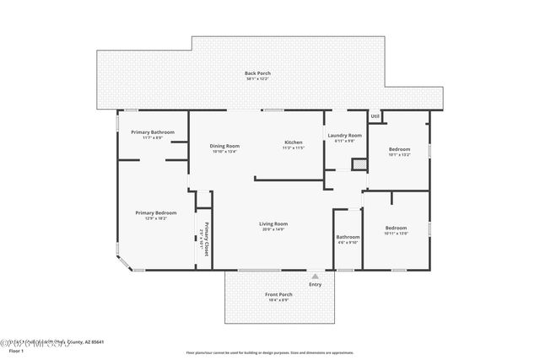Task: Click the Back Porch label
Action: click(257, 73)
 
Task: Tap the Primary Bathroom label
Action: click(152, 132)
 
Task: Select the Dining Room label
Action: click(224, 146)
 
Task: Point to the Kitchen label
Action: click(293, 142)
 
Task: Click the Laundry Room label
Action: click(344, 136)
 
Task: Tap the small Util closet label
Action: click(375, 116)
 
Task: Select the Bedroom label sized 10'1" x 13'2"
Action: click(398, 149)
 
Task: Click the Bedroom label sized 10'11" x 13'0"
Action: click(396, 228)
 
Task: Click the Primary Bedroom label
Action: click(156, 212)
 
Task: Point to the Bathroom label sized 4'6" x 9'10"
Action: click(348, 237)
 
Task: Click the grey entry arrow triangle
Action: click(315, 276)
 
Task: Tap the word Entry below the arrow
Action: click(315, 284)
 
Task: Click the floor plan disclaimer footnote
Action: click(269, 352)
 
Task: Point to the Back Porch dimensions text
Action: click(257, 79)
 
